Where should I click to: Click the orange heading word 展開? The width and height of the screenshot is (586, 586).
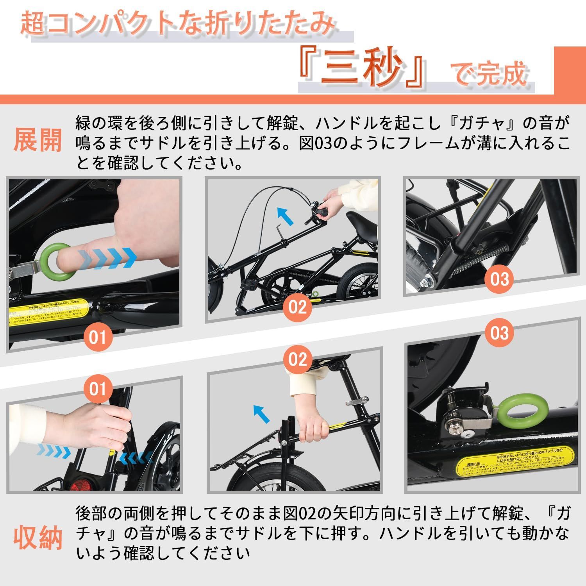pos(38,139)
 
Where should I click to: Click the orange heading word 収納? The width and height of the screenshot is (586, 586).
pos(38,538)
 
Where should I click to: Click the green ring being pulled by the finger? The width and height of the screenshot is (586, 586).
pos(57,262)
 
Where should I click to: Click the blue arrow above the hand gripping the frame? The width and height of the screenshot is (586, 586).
pos(261,413)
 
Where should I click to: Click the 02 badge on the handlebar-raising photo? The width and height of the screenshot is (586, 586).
pos(298,307)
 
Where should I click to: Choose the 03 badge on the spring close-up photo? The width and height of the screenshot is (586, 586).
pos(499,280)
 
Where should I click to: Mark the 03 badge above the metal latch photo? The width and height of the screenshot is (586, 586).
pos(499,333)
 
